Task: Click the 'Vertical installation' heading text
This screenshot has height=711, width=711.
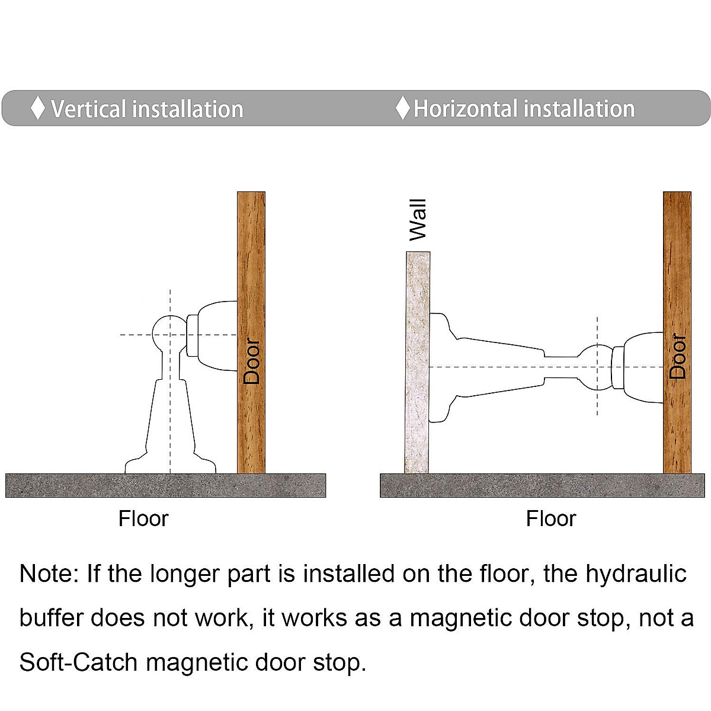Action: [146, 109]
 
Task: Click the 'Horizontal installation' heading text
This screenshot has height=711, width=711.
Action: [524, 109]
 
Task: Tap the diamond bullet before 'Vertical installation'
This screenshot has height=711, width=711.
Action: [38, 108]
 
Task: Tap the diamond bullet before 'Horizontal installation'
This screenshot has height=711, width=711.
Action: [403, 108]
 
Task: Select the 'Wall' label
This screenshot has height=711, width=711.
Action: [418, 220]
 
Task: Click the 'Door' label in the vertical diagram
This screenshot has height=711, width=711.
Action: [252, 361]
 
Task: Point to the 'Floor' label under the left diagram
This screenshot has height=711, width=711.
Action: [143, 519]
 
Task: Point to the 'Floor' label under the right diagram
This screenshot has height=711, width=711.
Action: [550, 519]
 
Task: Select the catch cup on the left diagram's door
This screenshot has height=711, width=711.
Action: [213, 335]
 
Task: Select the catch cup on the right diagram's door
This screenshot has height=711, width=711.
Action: [640, 367]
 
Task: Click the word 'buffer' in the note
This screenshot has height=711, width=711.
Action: [52, 618]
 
